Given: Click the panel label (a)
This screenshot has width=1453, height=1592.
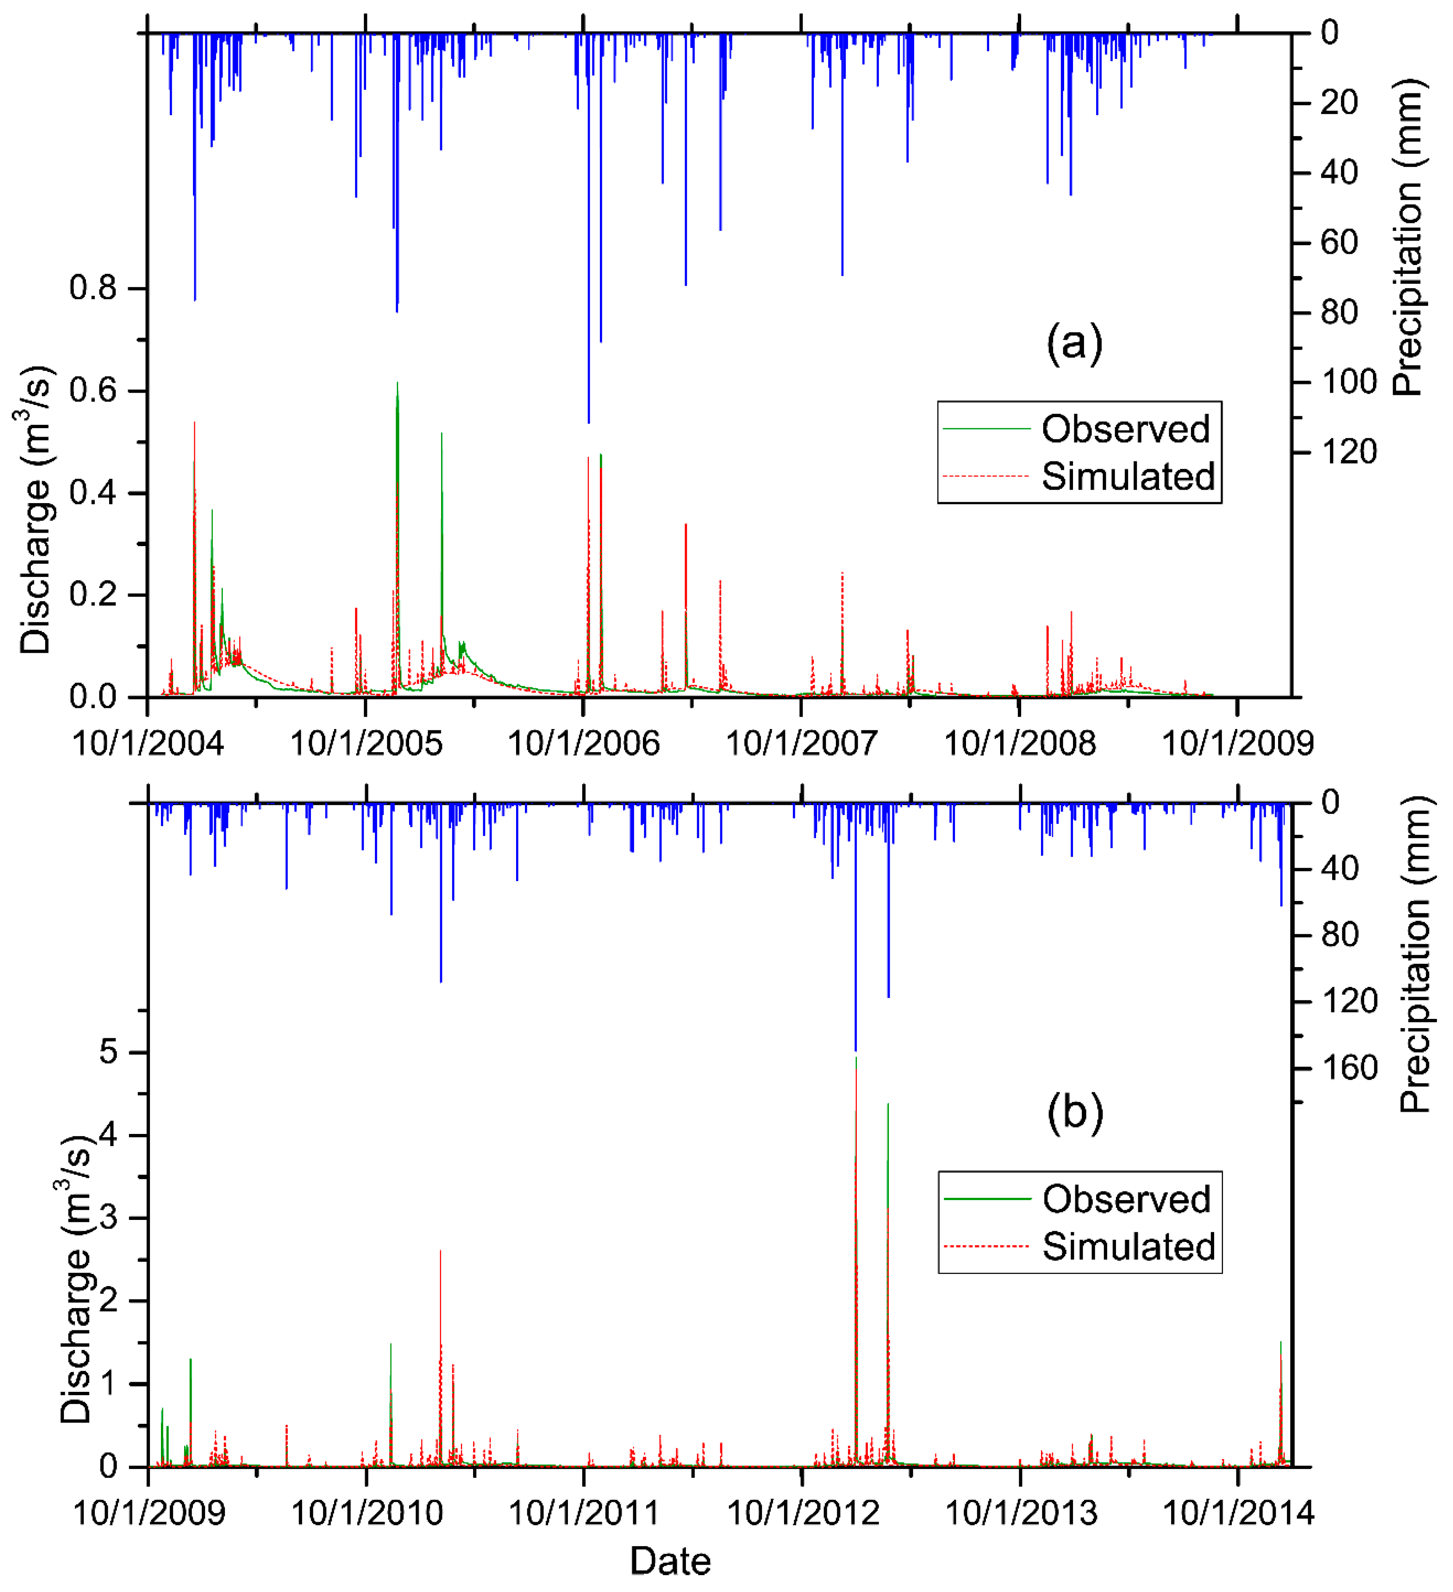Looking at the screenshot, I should tap(1074, 343).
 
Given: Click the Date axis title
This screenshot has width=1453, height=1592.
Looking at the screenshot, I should tap(670, 1562).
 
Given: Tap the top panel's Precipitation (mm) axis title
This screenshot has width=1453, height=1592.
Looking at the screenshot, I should tap(1407, 237).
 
